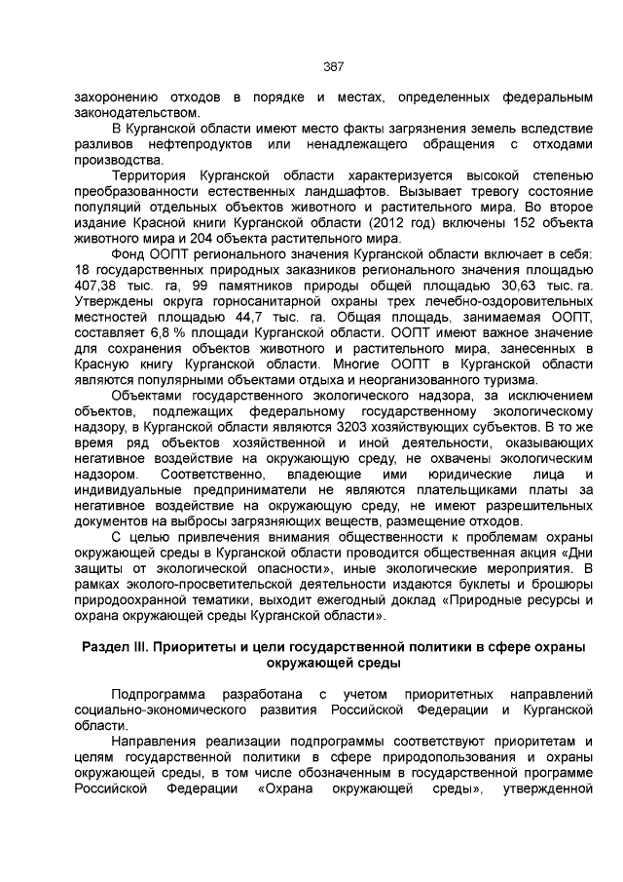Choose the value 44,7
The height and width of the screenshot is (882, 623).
coord(256,318)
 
